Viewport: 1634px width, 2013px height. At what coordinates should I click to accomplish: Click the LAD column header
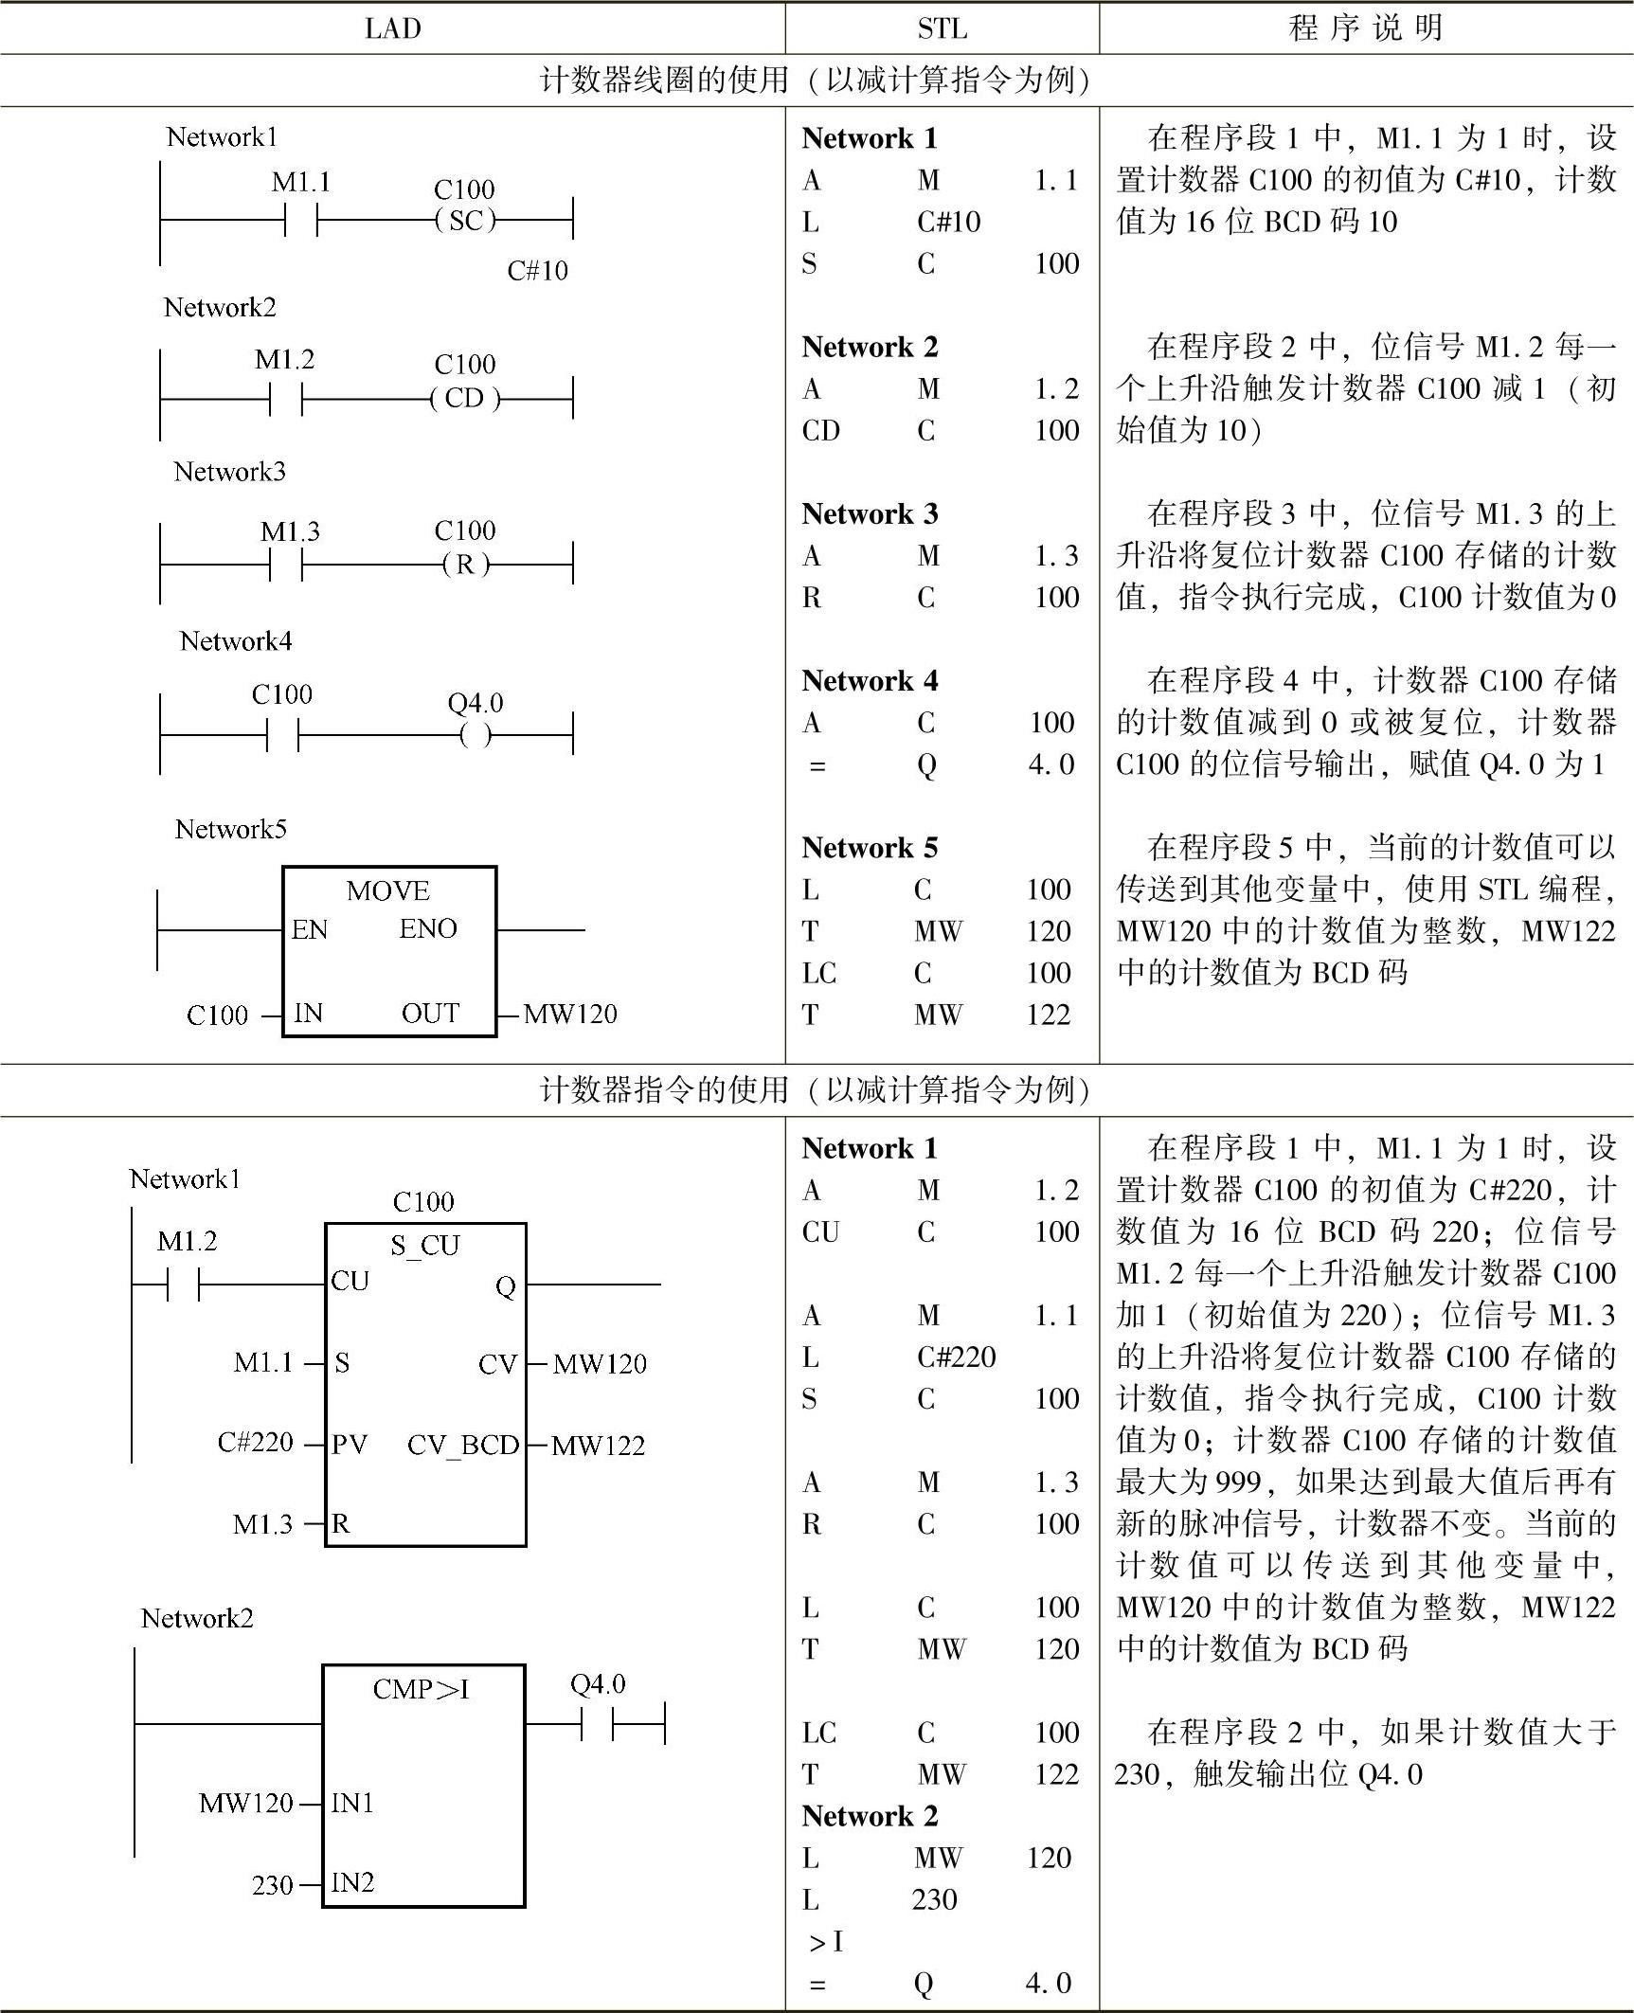[x=392, y=28]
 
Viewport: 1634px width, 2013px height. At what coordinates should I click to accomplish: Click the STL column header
[x=942, y=28]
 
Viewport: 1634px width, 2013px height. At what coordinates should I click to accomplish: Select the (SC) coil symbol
[x=465, y=221]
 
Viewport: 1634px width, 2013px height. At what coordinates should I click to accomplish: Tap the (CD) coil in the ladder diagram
[x=464, y=398]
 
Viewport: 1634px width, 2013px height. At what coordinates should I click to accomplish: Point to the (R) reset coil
[x=464, y=565]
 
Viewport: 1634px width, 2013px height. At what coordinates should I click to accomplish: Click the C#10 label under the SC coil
[x=537, y=271]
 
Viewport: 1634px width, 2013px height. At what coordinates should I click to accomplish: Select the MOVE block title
[x=388, y=890]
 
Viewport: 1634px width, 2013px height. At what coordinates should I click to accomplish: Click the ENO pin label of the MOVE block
[x=428, y=928]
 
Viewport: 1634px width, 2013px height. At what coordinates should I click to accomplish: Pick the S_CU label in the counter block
[x=424, y=1244]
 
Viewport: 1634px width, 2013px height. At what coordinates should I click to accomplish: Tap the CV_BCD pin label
[x=463, y=1445]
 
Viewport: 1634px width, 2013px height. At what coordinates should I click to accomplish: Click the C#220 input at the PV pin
[x=256, y=1442]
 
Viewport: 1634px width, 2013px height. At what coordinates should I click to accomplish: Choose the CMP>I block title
[x=422, y=1689]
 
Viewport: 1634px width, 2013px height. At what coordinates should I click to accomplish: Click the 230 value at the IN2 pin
[x=272, y=1885]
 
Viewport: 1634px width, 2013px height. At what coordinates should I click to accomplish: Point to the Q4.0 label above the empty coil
[x=475, y=703]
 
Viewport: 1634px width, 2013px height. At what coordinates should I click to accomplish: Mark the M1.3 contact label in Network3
[x=290, y=531]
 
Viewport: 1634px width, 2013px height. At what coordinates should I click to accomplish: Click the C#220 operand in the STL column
[x=956, y=1357]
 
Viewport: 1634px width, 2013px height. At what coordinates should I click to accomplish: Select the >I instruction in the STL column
[x=825, y=1942]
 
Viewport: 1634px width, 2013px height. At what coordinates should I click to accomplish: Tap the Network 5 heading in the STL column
[x=870, y=848]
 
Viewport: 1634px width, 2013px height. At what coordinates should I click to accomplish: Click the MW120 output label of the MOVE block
[x=569, y=1014]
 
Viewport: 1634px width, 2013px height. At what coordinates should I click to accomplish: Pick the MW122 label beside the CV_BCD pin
[x=598, y=1446]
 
